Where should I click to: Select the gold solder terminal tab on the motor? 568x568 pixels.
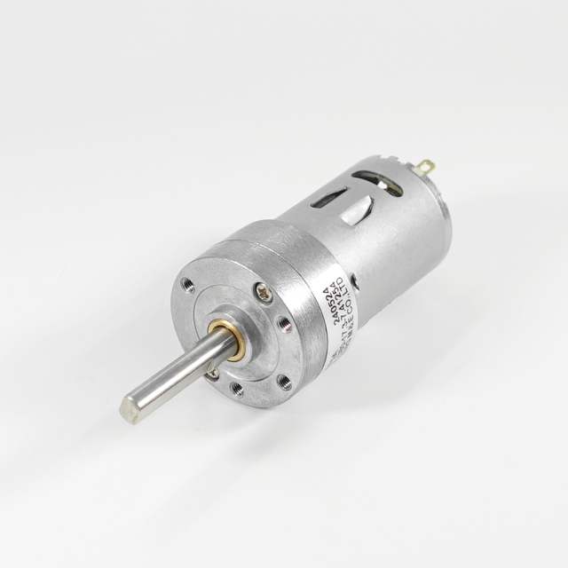coord(425,166)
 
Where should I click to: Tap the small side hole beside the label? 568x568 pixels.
coord(355,280)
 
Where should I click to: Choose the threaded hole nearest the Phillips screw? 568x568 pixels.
coord(285,323)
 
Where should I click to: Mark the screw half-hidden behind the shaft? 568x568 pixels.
coord(213,374)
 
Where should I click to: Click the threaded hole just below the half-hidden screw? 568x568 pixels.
coord(237,387)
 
